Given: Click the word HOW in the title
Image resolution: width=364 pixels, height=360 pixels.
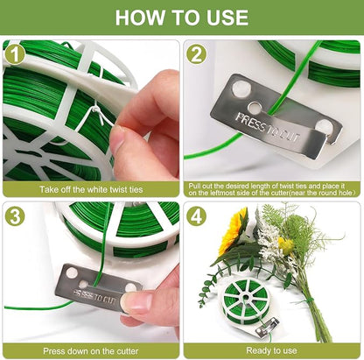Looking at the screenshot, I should point(140,17).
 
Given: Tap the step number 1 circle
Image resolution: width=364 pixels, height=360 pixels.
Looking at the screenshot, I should point(14,53).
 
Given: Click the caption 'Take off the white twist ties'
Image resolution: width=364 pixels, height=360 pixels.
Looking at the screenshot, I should point(91,188).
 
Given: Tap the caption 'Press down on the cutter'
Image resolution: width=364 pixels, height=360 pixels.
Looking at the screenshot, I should point(91,350).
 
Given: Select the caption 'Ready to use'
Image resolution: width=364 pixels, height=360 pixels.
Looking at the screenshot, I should point(273,350).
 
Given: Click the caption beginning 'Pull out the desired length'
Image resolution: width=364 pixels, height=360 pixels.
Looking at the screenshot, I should point(273,188).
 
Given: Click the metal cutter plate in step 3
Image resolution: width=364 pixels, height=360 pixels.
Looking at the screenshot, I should point(96,284).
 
